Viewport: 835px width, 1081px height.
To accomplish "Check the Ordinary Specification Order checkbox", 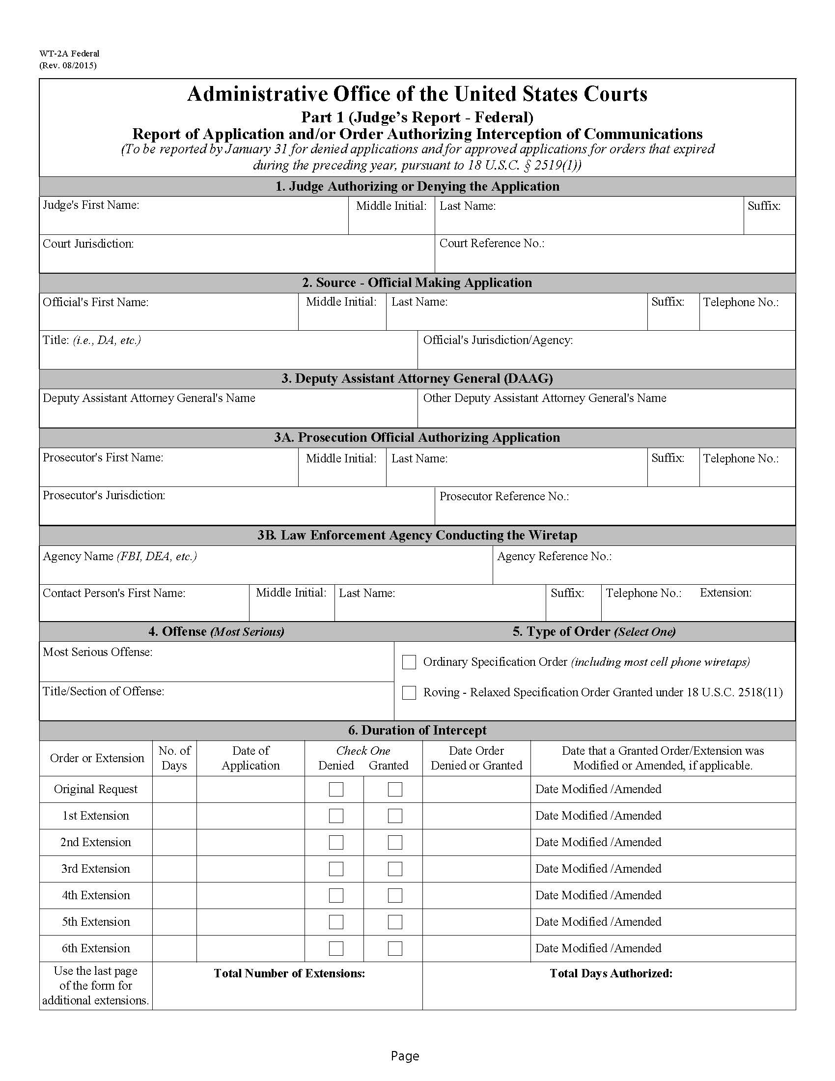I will pyautogui.click(x=409, y=662).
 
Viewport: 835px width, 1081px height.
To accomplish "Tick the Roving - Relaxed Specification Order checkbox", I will pyautogui.click(x=409, y=692).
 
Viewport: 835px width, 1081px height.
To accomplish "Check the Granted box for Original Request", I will pyautogui.click(x=394, y=789).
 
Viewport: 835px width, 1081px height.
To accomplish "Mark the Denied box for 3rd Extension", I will pyautogui.click(x=336, y=869).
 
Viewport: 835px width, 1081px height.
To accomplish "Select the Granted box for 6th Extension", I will pyautogui.click(x=394, y=948).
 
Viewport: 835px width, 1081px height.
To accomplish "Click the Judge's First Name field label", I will pyautogui.click(x=91, y=205).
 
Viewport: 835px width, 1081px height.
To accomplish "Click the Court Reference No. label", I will pyautogui.click(x=492, y=244).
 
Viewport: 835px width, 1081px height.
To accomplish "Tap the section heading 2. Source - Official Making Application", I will pyautogui.click(x=417, y=283).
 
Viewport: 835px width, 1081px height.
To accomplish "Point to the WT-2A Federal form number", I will pyautogui.click(x=69, y=54).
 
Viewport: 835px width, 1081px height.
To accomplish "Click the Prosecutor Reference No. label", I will pyautogui.click(x=504, y=496).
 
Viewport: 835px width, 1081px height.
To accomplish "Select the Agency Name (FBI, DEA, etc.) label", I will pyautogui.click(x=120, y=556).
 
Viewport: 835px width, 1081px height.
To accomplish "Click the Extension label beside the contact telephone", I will pyautogui.click(x=725, y=593).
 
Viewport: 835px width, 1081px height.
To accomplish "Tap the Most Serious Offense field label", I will pyautogui.click(x=97, y=652).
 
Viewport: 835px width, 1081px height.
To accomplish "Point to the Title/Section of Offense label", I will pyautogui.click(x=103, y=691).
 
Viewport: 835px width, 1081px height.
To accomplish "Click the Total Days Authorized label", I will pyautogui.click(x=611, y=973).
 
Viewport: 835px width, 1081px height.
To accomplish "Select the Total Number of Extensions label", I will pyautogui.click(x=289, y=973).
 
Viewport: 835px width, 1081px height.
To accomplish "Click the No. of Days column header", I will pyautogui.click(x=174, y=758).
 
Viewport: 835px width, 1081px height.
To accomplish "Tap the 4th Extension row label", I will pyautogui.click(x=95, y=895).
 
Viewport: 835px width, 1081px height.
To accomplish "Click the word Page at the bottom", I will pyautogui.click(x=405, y=1056).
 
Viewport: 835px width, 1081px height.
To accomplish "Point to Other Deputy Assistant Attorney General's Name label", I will pyautogui.click(x=545, y=398).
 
